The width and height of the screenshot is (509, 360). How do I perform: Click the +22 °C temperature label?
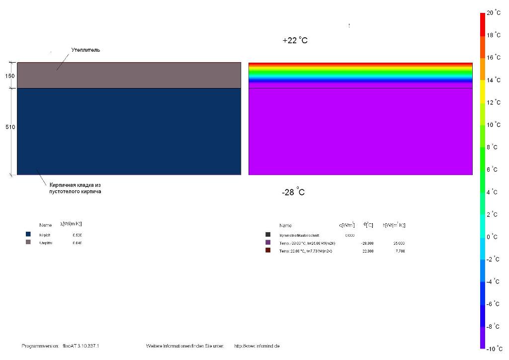tap(295, 41)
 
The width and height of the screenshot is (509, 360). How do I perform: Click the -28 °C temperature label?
tap(293, 192)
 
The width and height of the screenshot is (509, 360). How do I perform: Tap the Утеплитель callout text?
tap(85, 50)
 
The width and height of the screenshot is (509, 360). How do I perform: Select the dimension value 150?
tap(10, 76)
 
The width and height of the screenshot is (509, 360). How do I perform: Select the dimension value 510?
tap(10, 127)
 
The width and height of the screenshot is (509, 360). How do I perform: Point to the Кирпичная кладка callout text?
tap(75, 188)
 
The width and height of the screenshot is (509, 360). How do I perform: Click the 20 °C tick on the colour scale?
tap(493, 13)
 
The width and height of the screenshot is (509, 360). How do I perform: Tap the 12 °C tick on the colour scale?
tap(493, 102)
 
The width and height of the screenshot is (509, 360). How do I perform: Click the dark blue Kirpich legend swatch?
tap(28, 234)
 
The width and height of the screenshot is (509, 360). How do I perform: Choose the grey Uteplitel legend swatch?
tap(28, 242)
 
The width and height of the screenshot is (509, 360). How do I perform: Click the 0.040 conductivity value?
tap(77, 243)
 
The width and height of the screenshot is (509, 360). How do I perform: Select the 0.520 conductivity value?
tap(77, 235)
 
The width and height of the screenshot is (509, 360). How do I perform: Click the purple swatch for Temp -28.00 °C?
tap(268, 242)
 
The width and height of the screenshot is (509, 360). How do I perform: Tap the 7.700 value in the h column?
tap(399, 251)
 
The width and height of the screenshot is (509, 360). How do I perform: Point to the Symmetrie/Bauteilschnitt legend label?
tap(299, 235)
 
